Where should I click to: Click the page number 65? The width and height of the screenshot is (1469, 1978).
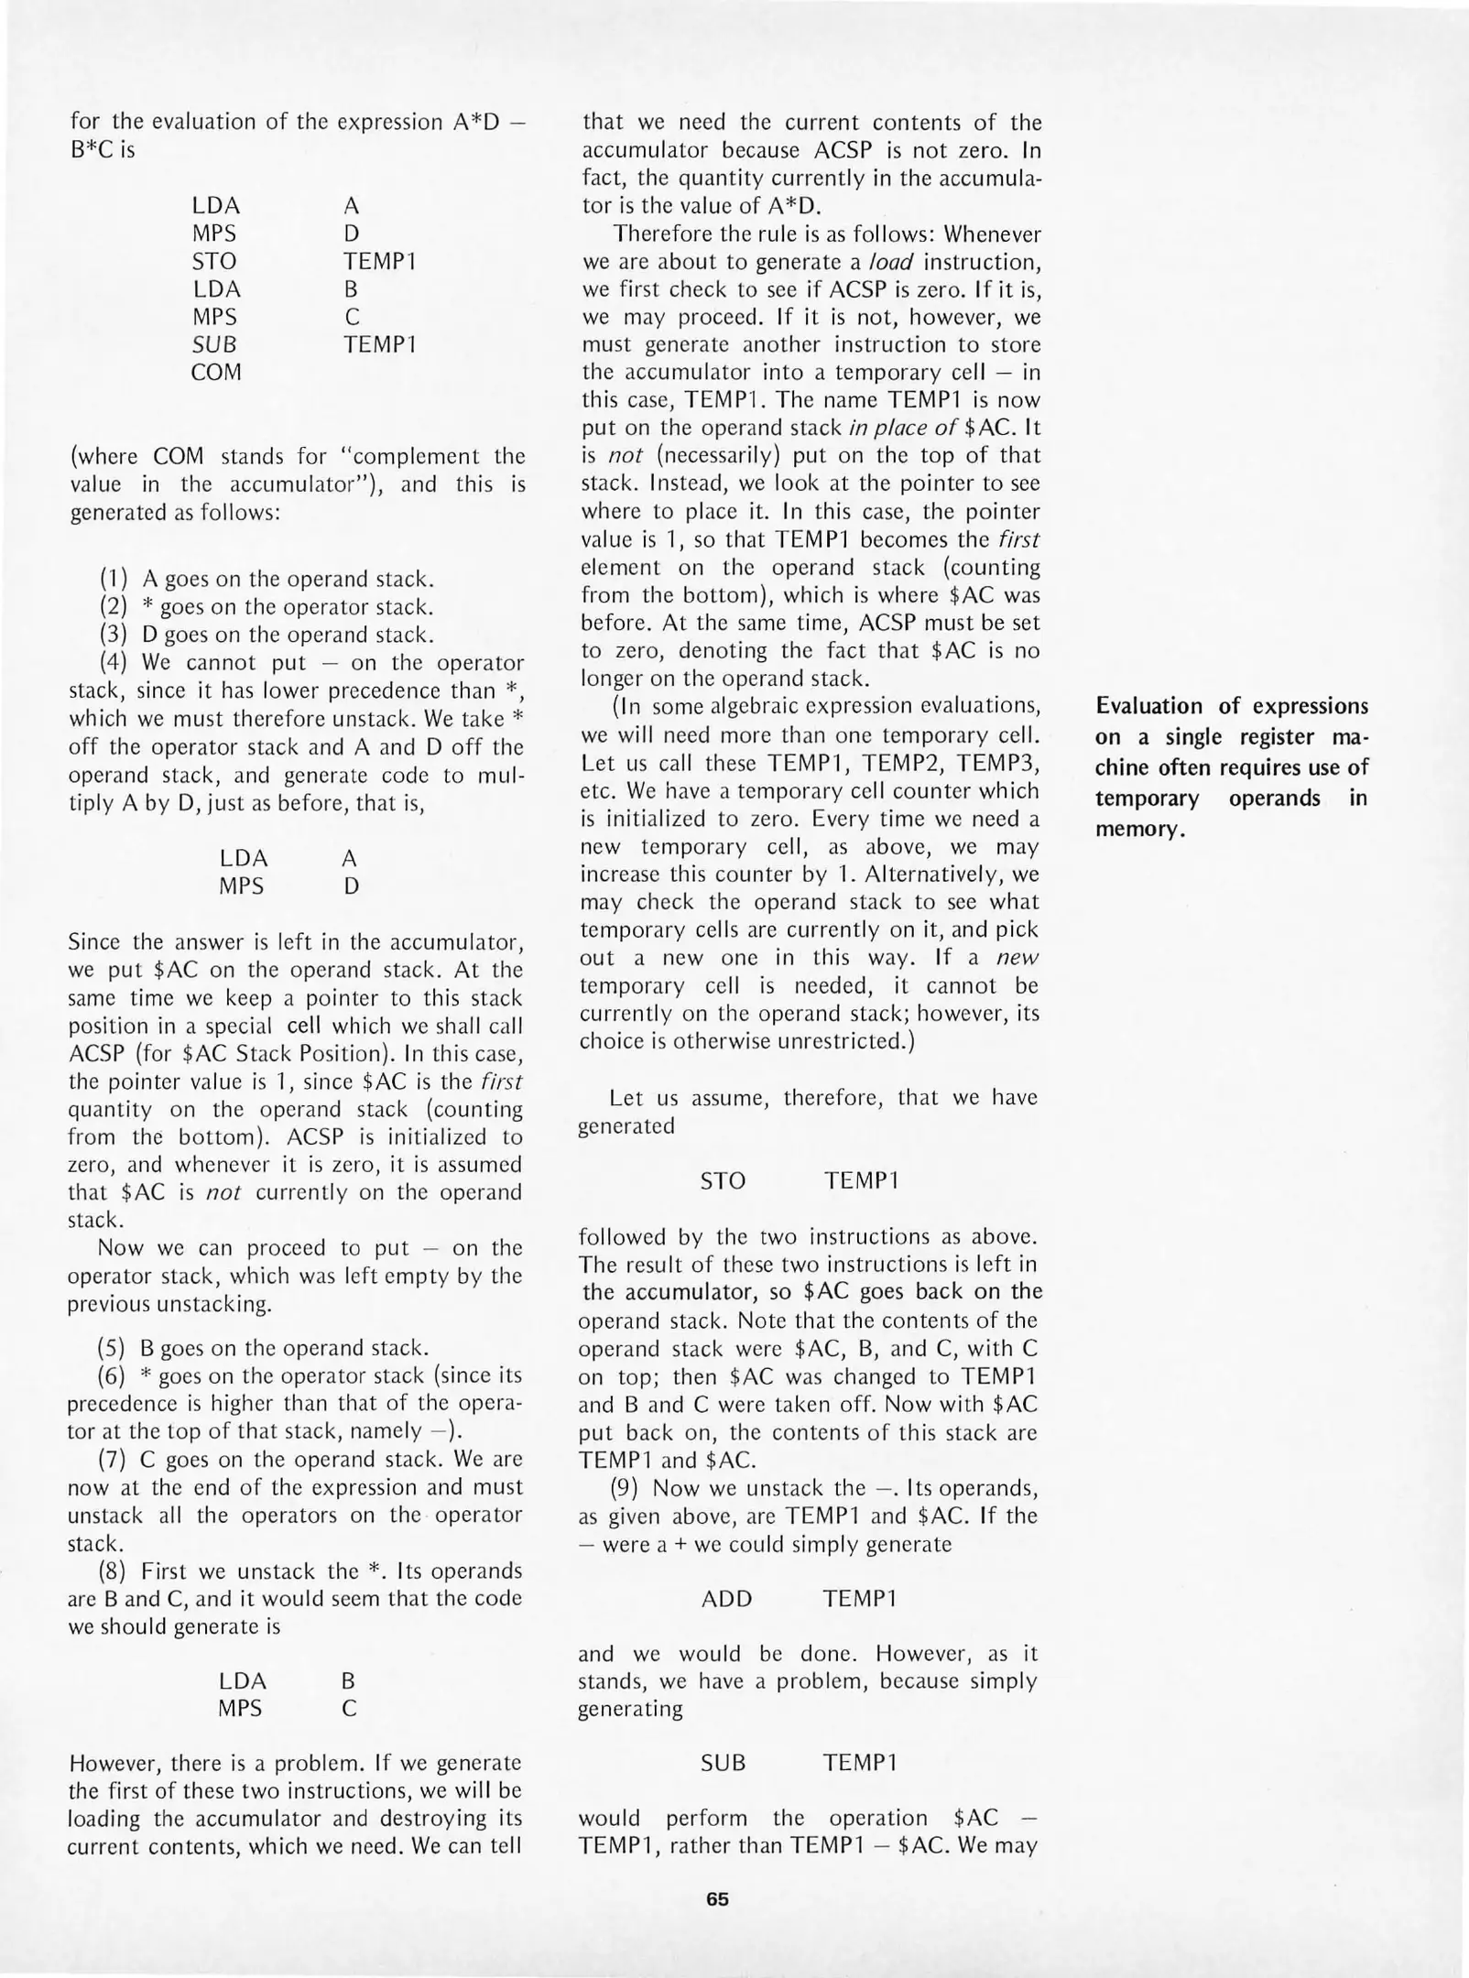717,1899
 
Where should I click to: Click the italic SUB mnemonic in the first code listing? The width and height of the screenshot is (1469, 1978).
213,344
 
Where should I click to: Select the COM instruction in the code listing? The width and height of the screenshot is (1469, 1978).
216,373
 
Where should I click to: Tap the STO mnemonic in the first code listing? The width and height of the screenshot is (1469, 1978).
213,262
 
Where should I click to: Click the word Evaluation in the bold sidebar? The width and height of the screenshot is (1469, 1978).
1149,705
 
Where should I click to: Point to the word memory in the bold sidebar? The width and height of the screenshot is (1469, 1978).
1138,830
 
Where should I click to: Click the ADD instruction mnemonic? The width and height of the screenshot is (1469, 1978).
726,1599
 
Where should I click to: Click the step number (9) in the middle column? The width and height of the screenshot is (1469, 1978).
625,1488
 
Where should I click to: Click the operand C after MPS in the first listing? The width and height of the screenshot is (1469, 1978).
352,317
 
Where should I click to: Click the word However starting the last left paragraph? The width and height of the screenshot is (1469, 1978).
114,1764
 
